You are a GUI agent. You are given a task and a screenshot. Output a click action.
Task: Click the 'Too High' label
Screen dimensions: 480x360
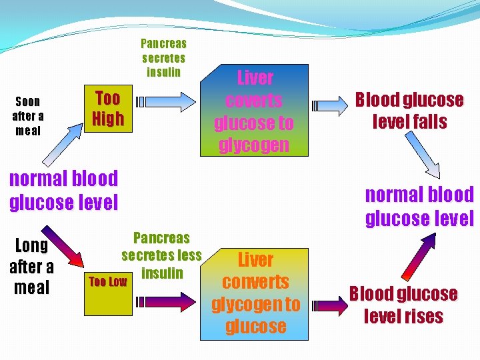108,109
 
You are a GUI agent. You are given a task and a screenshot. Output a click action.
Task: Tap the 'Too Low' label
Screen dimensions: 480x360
108,281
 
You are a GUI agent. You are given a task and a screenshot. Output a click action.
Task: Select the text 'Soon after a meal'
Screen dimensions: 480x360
27,116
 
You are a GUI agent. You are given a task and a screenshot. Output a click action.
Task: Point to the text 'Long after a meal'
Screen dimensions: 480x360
31,267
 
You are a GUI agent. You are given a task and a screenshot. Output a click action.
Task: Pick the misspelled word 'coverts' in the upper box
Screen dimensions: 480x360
254,101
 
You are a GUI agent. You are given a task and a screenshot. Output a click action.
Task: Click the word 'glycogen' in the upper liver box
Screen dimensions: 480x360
254,145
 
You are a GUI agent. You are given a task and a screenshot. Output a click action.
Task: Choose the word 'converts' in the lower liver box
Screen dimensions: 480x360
255,282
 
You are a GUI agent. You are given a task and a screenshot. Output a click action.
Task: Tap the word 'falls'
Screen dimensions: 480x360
429,122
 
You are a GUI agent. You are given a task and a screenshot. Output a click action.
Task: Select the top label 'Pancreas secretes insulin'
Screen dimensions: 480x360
163,57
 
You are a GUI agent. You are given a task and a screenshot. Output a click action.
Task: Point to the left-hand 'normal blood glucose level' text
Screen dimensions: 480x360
63,190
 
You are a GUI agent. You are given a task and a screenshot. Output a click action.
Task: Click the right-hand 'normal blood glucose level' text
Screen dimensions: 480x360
419,207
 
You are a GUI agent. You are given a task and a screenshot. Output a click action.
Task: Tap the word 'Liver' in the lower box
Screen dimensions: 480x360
256,259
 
